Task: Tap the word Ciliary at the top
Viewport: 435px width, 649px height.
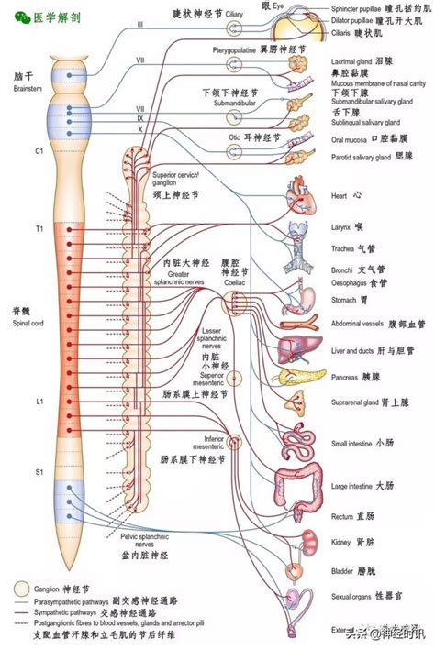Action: [x=235, y=16]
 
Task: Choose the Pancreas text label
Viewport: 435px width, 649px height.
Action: [x=346, y=376]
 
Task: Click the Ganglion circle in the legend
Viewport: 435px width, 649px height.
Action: [x=20, y=587]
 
